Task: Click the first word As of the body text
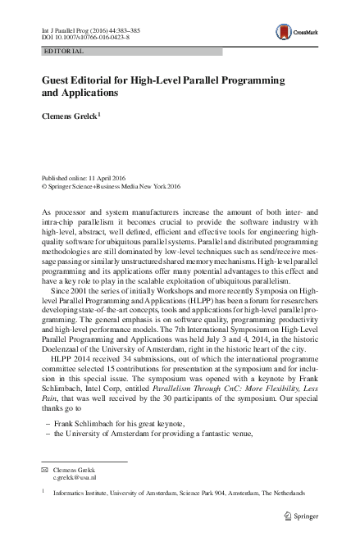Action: [46, 212]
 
